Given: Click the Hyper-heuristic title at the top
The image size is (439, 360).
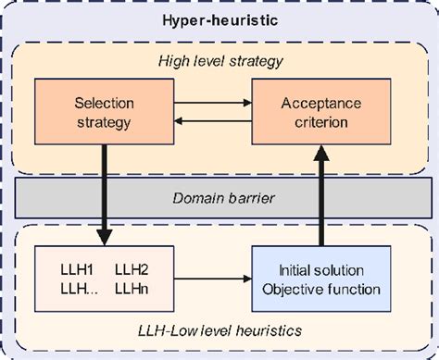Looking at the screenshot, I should tap(219, 19).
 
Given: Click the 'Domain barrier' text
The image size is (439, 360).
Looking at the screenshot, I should tap(219, 197).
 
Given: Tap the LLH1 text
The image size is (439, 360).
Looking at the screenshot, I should tap(68, 268).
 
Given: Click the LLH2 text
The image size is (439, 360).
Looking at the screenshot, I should tap(132, 268).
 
